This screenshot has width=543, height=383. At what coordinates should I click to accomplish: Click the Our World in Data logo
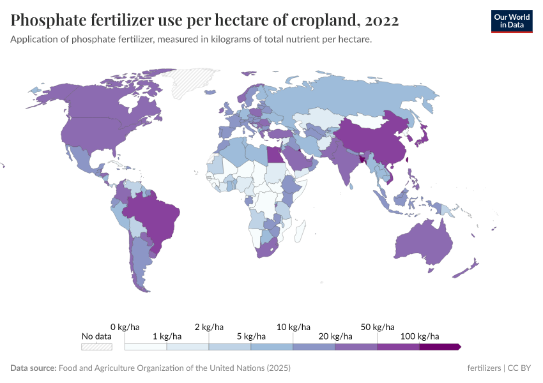coord(511,21)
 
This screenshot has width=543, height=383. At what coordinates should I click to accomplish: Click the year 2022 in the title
coord(381,21)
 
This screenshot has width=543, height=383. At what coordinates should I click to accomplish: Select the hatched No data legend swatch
coord(96,347)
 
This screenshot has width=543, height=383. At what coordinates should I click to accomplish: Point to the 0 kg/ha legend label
coord(125,326)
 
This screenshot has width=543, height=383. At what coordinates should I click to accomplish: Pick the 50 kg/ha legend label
coord(377,326)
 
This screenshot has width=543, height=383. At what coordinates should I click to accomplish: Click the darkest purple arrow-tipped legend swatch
coord(440,347)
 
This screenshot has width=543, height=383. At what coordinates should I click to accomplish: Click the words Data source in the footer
coord(33,368)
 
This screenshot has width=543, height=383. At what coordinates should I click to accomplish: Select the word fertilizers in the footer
coord(484,368)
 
